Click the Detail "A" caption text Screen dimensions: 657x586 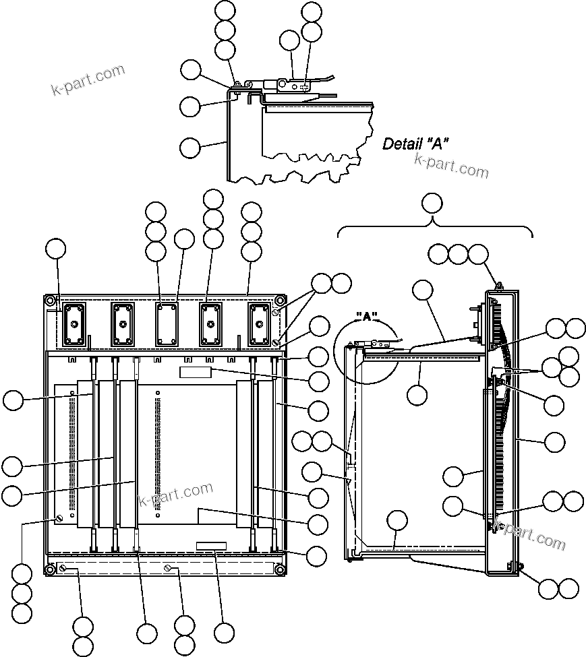point(415,143)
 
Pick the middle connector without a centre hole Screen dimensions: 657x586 point(165,324)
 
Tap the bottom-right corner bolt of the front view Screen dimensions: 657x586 point(279,570)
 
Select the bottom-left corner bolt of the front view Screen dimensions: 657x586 point(50,570)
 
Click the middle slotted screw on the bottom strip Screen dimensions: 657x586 point(167,570)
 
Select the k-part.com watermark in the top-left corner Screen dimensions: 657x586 point(88,80)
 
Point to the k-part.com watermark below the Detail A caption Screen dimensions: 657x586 point(451,164)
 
